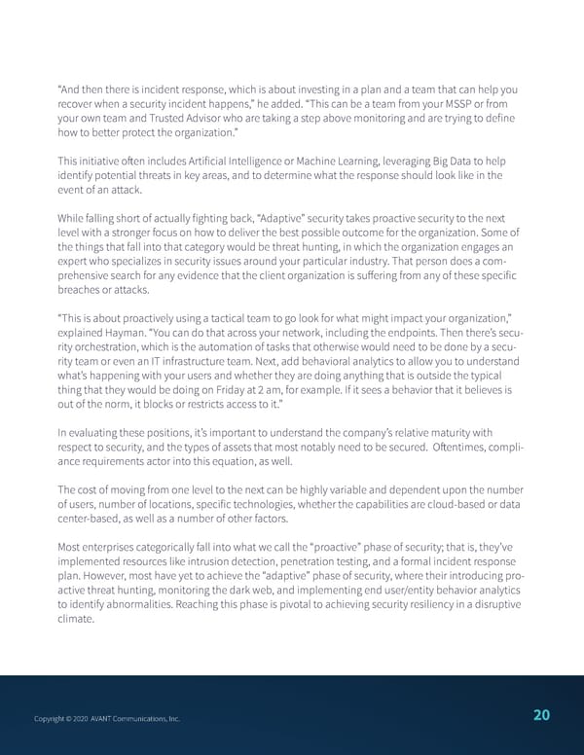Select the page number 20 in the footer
[x=541, y=715]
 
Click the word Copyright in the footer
[x=50, y=718]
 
